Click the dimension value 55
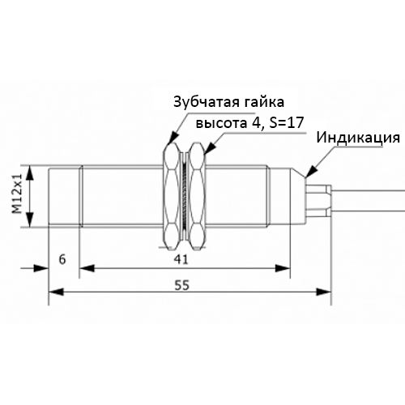[x=181, y=285]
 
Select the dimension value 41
[x=181, y=260]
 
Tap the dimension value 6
[x=62, y=259]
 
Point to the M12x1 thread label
[x=17, y=194]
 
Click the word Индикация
[x=358, y=138]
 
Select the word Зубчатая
[x=206, y=102]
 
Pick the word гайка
[x=264, y=102]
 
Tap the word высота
[x=221, y=123]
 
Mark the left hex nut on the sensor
[x=172, y=196]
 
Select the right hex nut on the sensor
[x=197, y=196]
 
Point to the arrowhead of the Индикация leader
[x=310, y=172]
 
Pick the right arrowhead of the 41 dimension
[x=283, y=268]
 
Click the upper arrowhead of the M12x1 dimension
[x=30, y=173]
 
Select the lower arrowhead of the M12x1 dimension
[x=30, y=220]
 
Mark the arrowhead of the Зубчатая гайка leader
[x=173, y=138]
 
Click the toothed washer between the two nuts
[x=184, y=196]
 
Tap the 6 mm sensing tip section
[x=65, y=196]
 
